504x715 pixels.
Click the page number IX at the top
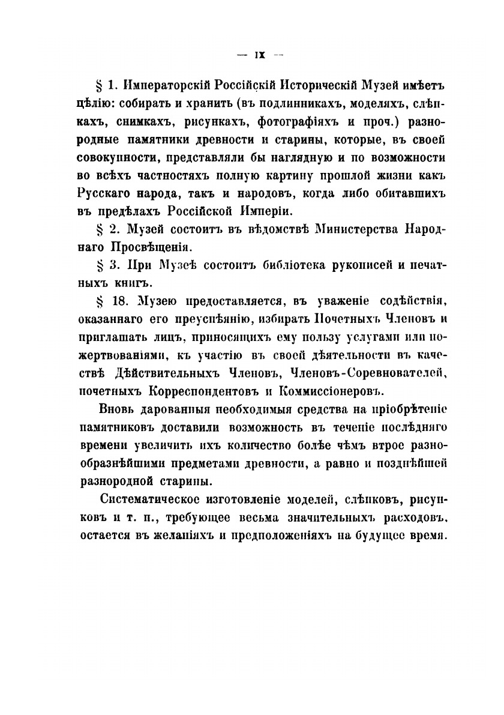(260, 56)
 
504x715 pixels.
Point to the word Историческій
(335, 82)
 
